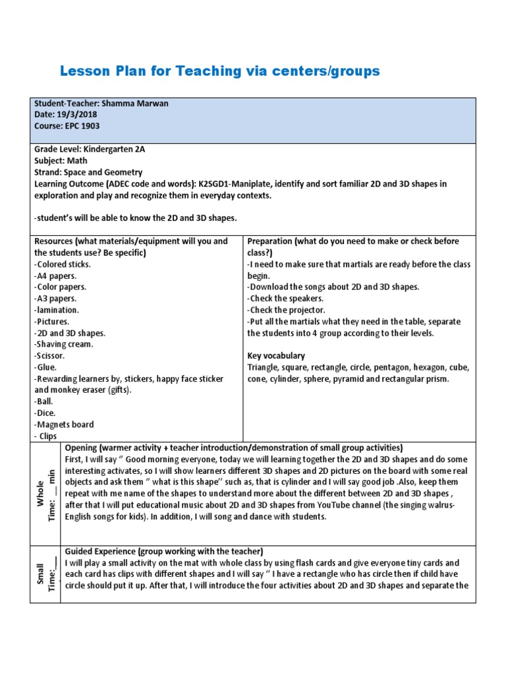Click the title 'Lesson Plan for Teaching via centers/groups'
click(219, 71)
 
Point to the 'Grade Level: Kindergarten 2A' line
click(89, 150)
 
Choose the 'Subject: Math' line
click(61, 161)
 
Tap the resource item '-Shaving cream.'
click(63, 344)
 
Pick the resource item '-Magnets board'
click(64, 425)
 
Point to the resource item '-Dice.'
click(45, 413)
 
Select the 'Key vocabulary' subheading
click(276, 355)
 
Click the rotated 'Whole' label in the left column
click(40, 493)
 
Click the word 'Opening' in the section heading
click(82, 448)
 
